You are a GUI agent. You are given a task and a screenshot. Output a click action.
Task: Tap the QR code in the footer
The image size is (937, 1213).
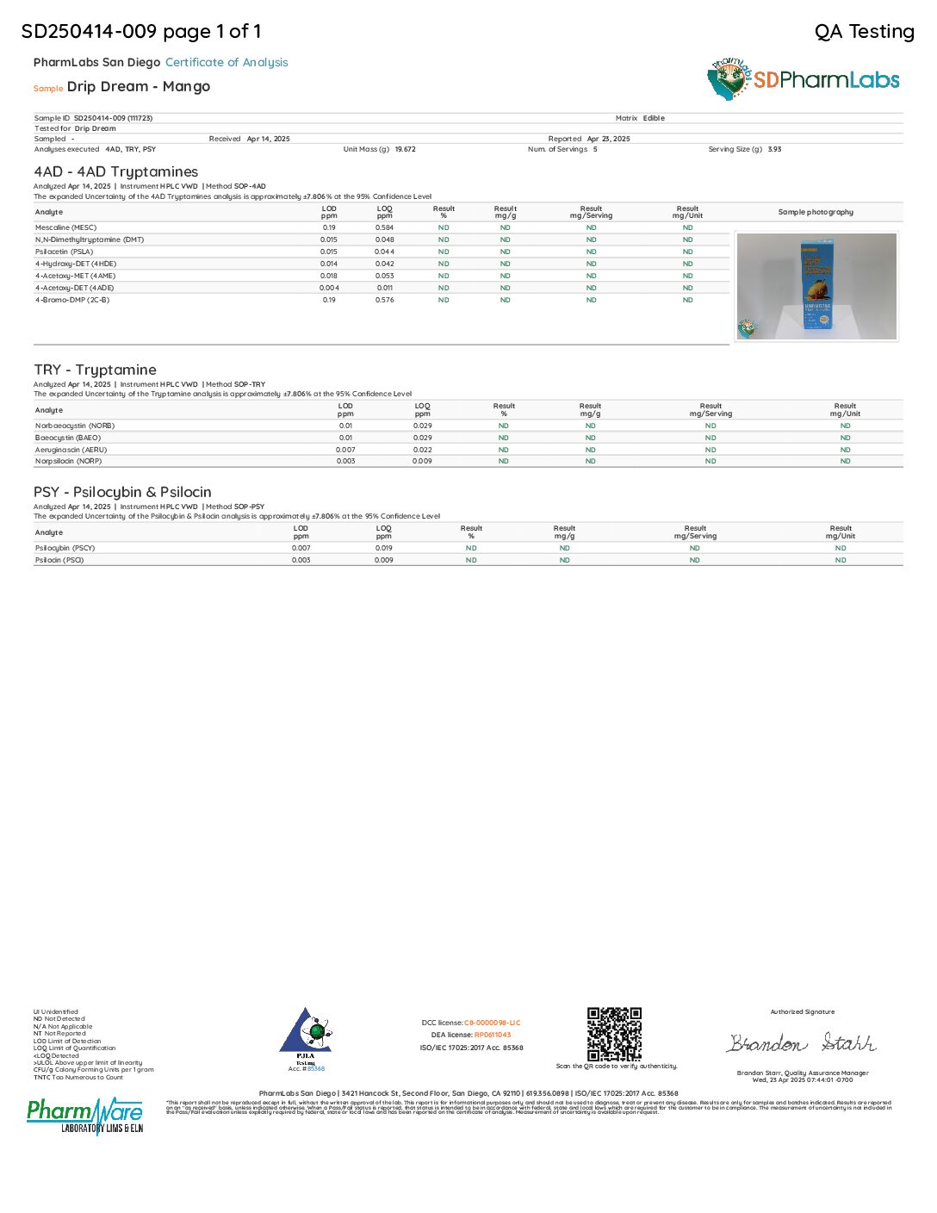pos(614,1034)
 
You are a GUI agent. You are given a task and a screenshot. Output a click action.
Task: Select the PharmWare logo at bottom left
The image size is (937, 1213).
pos(85,1116)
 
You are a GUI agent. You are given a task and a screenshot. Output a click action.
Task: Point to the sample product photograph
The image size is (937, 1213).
pos(816,287)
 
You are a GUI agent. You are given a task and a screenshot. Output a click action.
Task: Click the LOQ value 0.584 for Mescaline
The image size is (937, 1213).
pos(384,227)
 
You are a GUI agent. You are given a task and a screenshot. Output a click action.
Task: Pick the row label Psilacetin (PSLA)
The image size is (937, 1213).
pos(64,252)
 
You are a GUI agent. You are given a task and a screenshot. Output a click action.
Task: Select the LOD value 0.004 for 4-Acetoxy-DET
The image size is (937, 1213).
pos(329,288)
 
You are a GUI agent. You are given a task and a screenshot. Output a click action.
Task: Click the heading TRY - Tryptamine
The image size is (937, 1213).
pos(95,370)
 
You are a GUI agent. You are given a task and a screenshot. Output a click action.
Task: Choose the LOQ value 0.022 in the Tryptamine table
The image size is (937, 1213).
pos(422,450)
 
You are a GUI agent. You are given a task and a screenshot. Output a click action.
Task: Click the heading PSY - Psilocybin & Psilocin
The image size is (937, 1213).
pos(122,492)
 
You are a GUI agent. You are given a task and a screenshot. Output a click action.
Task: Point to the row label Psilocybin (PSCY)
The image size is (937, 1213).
pos(65,548)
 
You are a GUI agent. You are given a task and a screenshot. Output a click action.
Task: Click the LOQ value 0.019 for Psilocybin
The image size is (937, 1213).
pos(383,548)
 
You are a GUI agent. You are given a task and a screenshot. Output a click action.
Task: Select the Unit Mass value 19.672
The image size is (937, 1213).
pos(405,149)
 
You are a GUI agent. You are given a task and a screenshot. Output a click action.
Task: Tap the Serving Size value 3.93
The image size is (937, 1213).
pos(774,149)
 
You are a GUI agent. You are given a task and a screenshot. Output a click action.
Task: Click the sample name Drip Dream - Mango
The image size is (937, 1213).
pos(139,86)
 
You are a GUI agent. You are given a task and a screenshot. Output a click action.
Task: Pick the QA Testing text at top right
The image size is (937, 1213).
pos(864,32)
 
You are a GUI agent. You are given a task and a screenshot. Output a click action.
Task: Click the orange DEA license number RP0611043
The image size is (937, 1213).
pos(493,1035)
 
